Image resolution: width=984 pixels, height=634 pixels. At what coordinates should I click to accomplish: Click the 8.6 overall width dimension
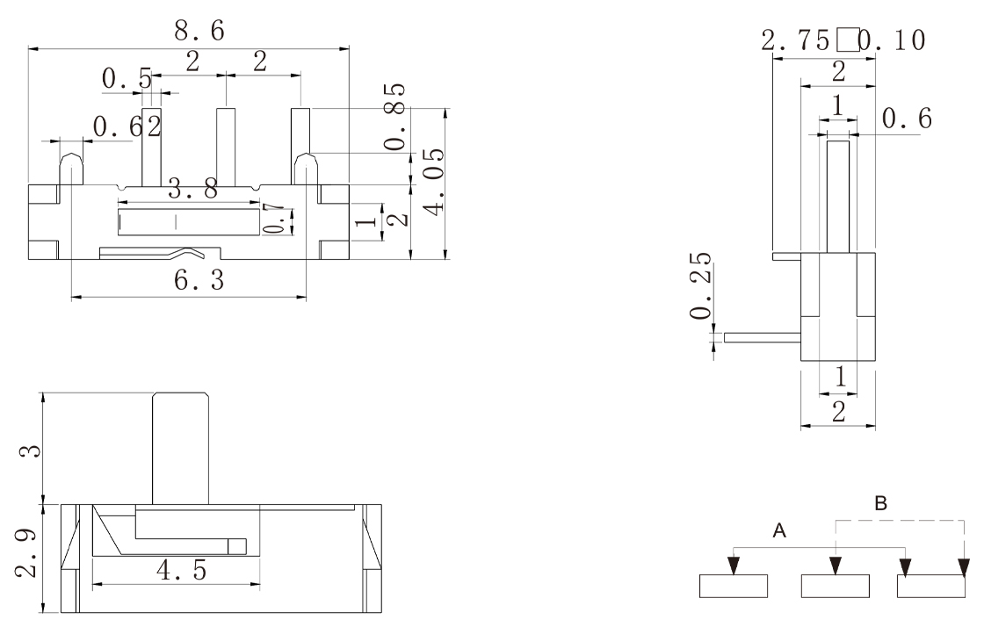199,31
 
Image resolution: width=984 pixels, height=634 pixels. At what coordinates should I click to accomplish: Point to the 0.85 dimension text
397,117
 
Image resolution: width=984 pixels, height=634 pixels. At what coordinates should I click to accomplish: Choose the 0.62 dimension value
127,127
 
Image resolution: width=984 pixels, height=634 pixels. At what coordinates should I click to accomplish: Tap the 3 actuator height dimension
28,449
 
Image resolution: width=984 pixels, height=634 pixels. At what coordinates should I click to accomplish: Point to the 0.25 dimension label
700,289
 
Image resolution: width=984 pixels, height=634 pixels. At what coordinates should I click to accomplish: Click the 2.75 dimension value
796,40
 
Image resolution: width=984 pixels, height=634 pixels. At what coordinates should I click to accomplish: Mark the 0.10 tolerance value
891,40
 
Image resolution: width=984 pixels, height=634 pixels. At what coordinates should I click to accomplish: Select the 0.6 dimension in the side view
906,120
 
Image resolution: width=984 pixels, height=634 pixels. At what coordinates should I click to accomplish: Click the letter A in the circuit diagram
778,530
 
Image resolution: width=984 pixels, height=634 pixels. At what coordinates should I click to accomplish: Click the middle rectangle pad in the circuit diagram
835,586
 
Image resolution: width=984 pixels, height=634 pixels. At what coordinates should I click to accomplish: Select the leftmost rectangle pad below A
734,586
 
